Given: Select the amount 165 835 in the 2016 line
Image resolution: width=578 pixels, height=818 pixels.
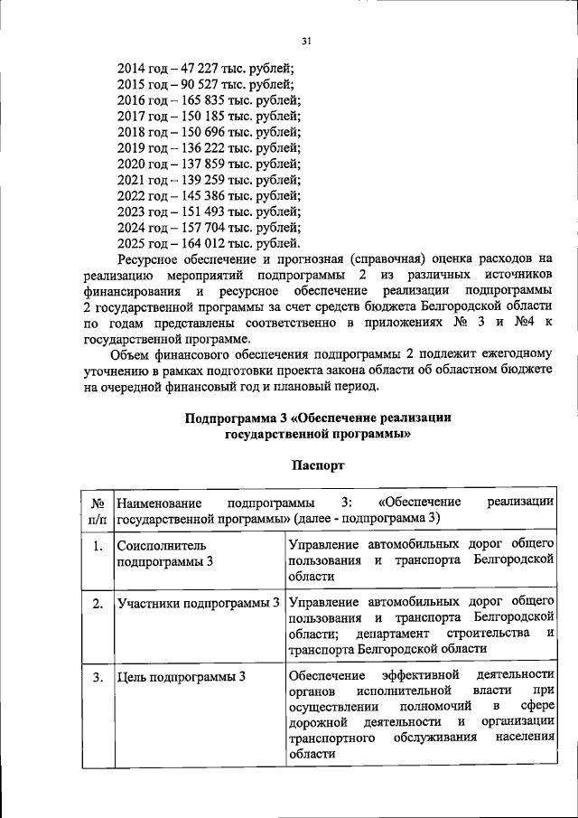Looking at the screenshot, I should coord(204,100).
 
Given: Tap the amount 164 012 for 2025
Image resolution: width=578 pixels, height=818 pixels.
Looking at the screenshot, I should coord(204,243).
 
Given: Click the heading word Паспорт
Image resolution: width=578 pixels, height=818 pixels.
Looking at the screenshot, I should coord(318,465).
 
